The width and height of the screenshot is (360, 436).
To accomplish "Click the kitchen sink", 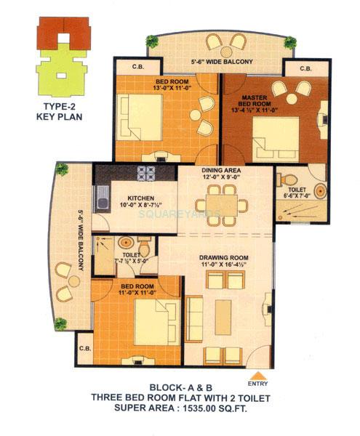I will (101, 199).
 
